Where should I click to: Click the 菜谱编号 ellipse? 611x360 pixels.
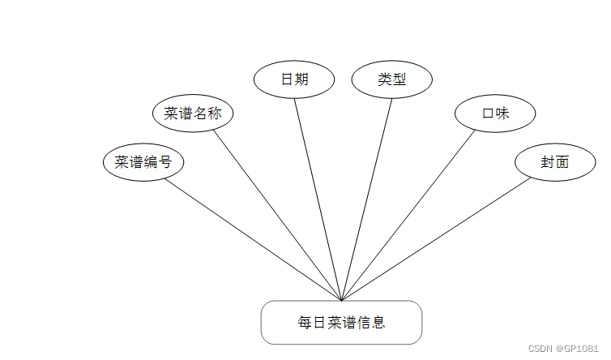pyautogui.click(x=143, y=162)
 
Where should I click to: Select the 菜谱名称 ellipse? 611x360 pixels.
pyautogui.click(x=193, y=114)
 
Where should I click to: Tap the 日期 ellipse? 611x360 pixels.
pyautogui.click(x=294, y=79)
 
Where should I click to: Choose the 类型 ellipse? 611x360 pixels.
pyautogui.click(x=391, y=79)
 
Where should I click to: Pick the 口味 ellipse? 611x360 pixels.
pyautogui.click(x=495, y=114)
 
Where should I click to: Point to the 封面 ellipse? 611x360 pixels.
pyautogui.click(x=555, y=162)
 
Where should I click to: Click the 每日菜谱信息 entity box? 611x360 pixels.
pyautogui.click(x=341, y=323)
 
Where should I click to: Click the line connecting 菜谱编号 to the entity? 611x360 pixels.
pyautogui.click(x=253, y=240)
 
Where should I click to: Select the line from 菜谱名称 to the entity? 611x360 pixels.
pyautogui.click(x=277, y=215)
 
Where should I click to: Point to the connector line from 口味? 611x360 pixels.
pyautogui.click(x=408, y=215)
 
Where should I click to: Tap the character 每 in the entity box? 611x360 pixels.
pyautogui.click(x=305, y=323)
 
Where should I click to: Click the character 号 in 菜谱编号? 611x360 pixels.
pyautogui.click(x=164, y=162)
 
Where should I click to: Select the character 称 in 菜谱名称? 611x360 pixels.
pyautogui.click(x=214, y=114)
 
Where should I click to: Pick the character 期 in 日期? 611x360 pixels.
pyautogui.click(x=301, y=79)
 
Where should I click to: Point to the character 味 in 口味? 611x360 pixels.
pyautogui.click(x=502, y=114)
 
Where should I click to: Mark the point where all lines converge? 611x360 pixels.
pyautogui.click(x=342, y=300)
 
